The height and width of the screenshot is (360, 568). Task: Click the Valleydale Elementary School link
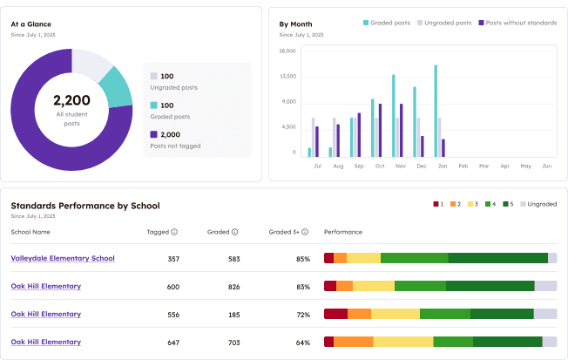pyautogui.click(x=63, y=258)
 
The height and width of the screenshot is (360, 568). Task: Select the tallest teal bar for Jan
pyautogui.click(x=436, y=111)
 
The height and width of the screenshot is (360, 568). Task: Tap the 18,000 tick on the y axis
pyautogui.click(x=288, y=51)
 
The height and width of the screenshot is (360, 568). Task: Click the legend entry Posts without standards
pyautogui.click(x=521, y=23)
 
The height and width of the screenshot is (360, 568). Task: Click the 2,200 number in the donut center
pyautogui.click(x=71, y=100)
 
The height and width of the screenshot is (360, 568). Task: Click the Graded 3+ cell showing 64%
pyautogui.click(x=302, y=343)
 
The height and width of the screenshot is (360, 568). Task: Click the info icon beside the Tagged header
pyautogui.click(x=174, y=232)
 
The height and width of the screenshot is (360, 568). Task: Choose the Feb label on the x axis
pyautogui.click(x=463, y=165)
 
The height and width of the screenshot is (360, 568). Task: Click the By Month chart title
pyautogui.click(x=295, y=24)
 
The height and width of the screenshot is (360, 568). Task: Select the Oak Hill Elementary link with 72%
pyautogui.click(x=45, y=314)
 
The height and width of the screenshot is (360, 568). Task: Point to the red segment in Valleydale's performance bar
pyautogui.click(x=328, y=258)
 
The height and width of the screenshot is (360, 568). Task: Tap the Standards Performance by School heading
pyautogui.click(x=85, y=206)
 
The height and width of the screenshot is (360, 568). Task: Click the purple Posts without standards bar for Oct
pyautogui.click(x=380, y=130)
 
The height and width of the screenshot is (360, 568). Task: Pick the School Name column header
pyautogui.click(x=30, y=232)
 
